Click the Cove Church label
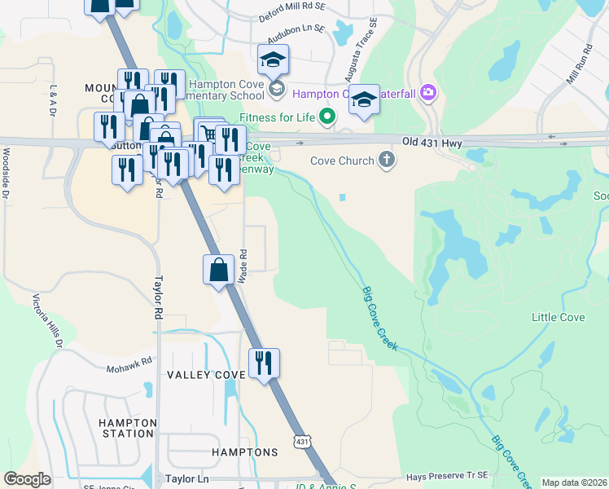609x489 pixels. click(x=341, y=161)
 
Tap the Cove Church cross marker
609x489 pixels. click(x=387, y=160)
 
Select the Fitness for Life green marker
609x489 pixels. click(x=327, y=117)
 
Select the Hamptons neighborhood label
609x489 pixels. click(x=245, y=452)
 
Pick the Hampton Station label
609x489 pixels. click(x=127, y=428)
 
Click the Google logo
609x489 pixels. click(x=28, y=479)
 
